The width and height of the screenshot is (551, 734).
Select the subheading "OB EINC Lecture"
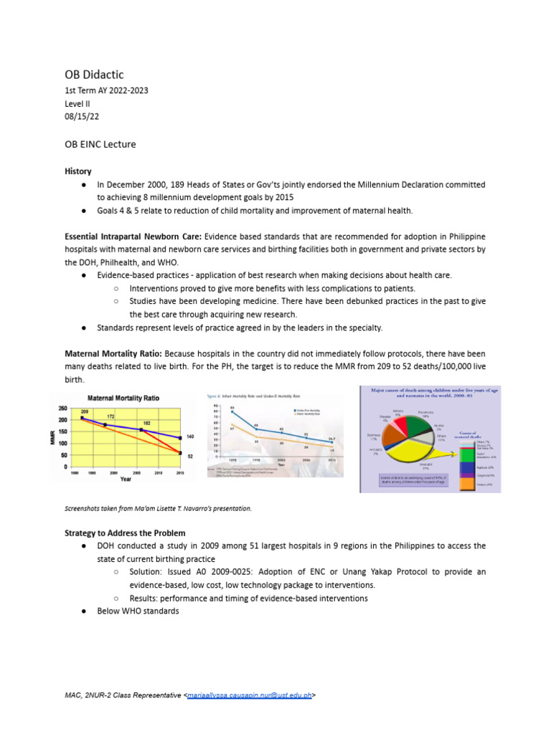100,144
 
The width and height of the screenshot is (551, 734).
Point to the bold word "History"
78,172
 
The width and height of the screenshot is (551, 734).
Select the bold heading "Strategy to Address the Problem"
125,533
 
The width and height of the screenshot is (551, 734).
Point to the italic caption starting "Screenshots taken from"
158,507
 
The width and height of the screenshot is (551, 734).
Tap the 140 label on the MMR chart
190,437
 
